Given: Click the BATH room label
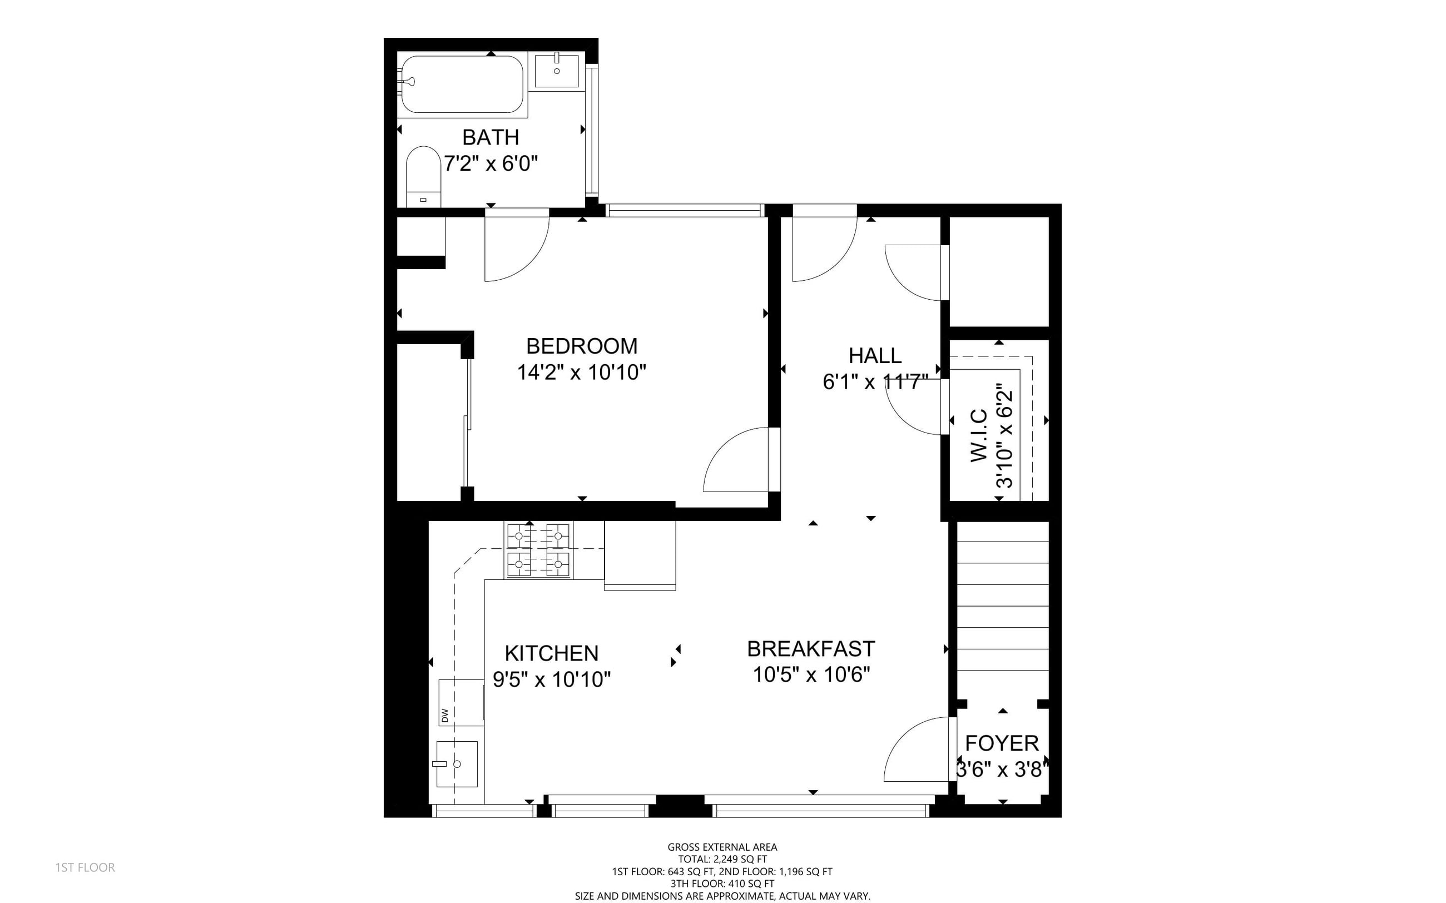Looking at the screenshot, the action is (491, 137).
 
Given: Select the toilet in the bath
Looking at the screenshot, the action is (423, 177).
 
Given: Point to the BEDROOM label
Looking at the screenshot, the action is (582, 346).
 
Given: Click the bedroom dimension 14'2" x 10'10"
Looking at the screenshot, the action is (582, 372).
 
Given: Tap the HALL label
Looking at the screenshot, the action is (875, 355).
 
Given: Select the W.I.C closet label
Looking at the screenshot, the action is (979, 435).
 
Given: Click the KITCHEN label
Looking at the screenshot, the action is (551, 653).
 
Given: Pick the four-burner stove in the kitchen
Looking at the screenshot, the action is (539, 549).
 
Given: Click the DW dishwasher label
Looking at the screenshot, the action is (444, 715).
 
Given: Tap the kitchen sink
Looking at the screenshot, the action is (457, 764).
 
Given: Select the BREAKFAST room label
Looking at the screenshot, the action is (811, 648).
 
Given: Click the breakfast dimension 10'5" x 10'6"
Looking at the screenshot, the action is (811, 674).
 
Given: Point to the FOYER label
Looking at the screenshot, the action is (1002, 743).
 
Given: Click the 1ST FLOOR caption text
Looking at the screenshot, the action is (85, 867).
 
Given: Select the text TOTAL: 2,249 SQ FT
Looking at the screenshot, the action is (722, 859).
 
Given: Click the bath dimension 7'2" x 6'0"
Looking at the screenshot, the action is (491, 163).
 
